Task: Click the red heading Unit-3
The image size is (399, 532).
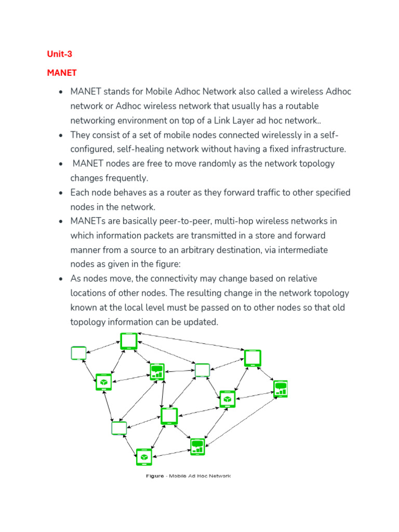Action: tap(59, 54)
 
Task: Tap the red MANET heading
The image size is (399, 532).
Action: tap(61, 73)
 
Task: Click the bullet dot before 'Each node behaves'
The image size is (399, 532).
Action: tap(61, 193)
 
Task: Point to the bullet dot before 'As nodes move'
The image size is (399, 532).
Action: tap(61, 279)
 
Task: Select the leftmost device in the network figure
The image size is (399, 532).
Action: tap(78, 353)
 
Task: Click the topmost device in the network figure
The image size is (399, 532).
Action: tap(128, 341)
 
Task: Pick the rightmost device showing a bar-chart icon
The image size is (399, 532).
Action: tap(281, 389)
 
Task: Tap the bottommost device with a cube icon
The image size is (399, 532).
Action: tap(144, 457)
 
